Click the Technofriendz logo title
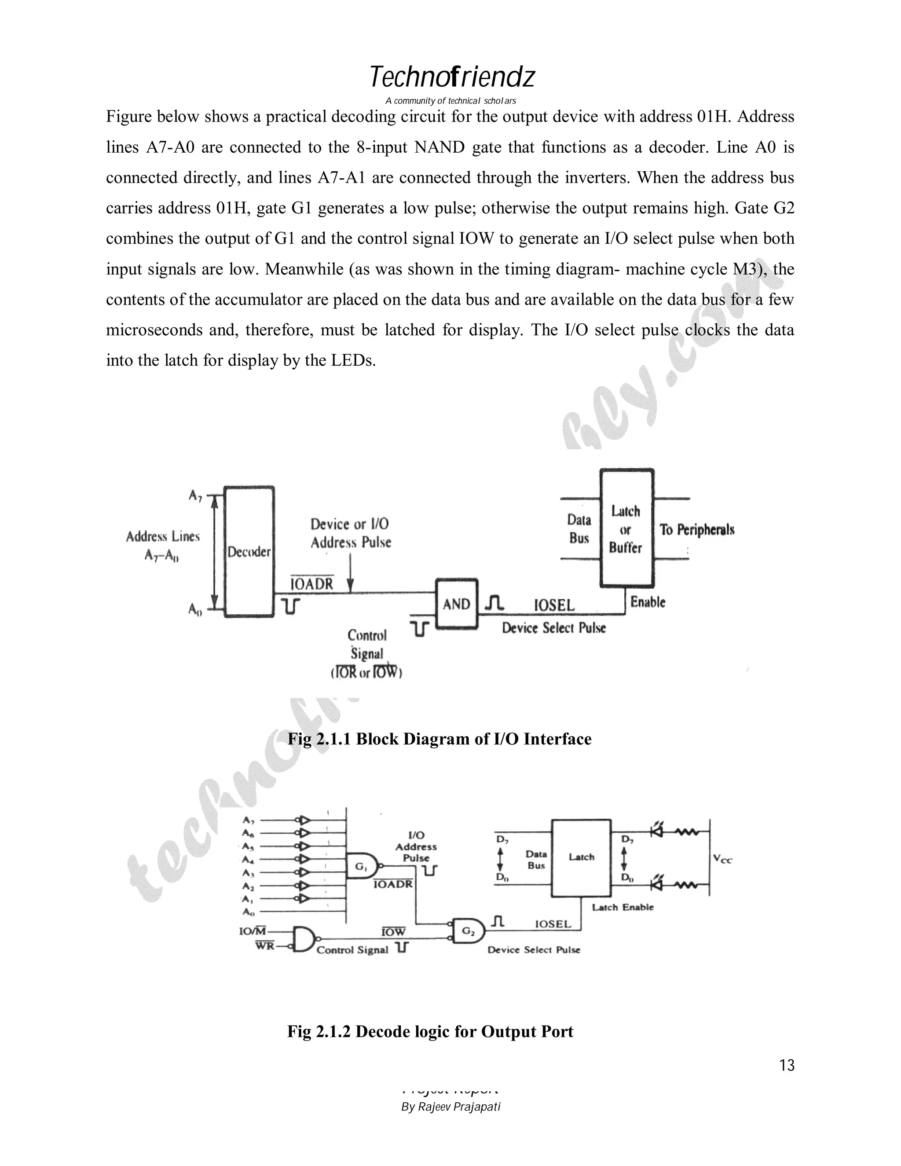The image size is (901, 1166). [x=451, y=78]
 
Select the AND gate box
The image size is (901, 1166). [x=456, y=604]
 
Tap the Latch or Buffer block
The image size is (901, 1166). [x=626, y=528]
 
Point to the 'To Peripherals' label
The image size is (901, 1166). [x=696, y=530]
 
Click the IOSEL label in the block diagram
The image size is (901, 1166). [x=554, y=605]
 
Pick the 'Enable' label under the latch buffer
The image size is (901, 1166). [x=648, y=602]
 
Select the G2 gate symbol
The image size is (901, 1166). [x=468, y=931]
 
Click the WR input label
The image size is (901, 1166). [x=265, y=946]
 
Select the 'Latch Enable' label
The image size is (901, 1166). [x=623, y=907]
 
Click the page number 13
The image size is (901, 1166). [x=787, y=1065]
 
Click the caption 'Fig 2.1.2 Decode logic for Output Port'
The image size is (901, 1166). [x=430, y=1031]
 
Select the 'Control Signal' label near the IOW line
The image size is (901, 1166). [x=352, y=950]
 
